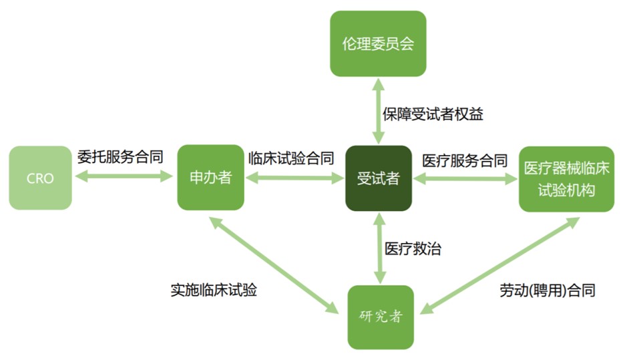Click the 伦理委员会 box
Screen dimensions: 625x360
378,43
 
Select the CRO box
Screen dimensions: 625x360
40,178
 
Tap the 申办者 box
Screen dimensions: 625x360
210,178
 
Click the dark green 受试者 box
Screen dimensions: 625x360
378,178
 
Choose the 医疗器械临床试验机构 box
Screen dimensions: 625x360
566,179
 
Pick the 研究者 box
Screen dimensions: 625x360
381,317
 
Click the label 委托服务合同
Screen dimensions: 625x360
120,157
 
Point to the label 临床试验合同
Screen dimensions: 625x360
291,158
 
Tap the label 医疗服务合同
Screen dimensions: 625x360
465,161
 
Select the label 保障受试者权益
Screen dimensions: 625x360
433,114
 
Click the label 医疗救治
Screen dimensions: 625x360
413,248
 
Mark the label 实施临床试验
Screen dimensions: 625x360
214,290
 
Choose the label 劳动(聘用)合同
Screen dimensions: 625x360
548,291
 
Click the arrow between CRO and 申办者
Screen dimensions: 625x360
124,176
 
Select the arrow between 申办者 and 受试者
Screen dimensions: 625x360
294,178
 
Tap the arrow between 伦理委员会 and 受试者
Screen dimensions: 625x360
378,111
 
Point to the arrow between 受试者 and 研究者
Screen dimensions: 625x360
380,248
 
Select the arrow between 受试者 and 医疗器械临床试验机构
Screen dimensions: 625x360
465,179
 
